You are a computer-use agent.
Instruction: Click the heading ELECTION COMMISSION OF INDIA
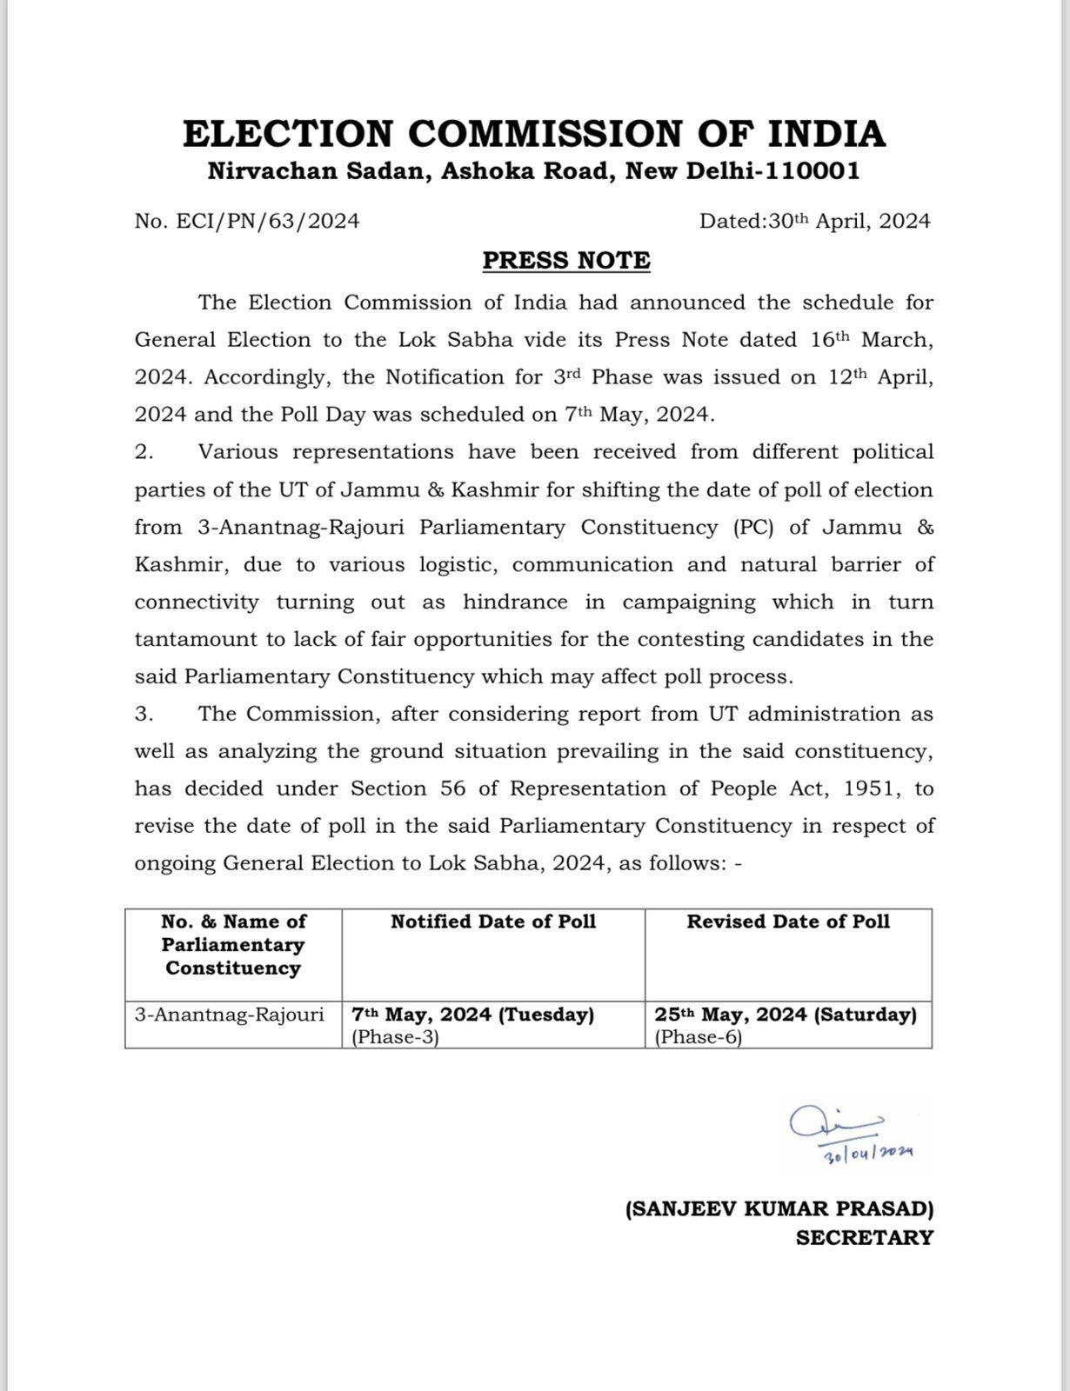click(x=534, y=134)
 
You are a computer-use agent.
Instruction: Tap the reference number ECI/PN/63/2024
click(x=268, y=221)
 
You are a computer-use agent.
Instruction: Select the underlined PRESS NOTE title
click(x=566, y=260)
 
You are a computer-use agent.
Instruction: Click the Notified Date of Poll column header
click(x=493, y=922)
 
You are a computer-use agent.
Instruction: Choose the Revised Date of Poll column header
click(x=788, y=922)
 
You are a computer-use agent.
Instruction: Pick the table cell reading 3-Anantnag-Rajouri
click(x=229, y=1015)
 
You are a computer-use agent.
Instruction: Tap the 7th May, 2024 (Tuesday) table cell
click(x=472, y=1015)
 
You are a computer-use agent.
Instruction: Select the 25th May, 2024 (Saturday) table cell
click(x=786, y=1015)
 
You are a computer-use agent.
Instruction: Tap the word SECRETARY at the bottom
click(x=864, y=1237)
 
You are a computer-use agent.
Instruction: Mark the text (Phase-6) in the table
click(x=699, y=1037)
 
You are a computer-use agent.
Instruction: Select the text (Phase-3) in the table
click(x=395, y=1037)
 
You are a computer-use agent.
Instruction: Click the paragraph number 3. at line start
click(x=144, y=714)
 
